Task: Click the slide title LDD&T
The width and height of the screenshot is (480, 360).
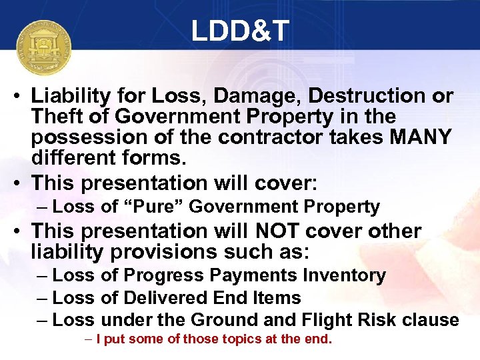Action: (x=239, y=31)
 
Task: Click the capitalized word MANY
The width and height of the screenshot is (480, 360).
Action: (x=419, y=137)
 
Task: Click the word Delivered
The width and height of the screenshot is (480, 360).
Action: (x=167, y=297)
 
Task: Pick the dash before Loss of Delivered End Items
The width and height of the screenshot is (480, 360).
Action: (x=42, y=297)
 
